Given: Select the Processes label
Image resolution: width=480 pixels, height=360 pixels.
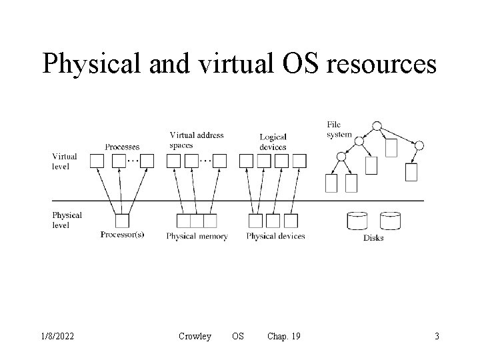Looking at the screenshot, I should tap(122, 147).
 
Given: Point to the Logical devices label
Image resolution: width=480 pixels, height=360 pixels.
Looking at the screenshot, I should tap(273, 142).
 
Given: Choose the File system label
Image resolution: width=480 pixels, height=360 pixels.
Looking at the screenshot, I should tap(339, 129).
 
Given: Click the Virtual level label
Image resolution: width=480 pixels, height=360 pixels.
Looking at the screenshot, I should tap(65, 161).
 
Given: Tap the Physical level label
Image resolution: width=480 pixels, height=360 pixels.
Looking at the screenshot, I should tap(67, 219).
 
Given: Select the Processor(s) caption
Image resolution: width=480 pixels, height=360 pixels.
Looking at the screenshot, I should tap(122, 235).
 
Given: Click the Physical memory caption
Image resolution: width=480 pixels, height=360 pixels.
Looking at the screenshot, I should tap(197, 237).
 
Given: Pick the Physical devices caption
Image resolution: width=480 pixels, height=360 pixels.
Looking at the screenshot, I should tap(275, 236).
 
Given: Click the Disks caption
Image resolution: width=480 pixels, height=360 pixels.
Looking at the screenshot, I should tap(373, 238).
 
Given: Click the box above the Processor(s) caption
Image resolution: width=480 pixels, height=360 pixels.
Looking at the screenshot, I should tap(122, 221).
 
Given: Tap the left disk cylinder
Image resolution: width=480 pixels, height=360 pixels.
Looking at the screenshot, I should tap(357, 221).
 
